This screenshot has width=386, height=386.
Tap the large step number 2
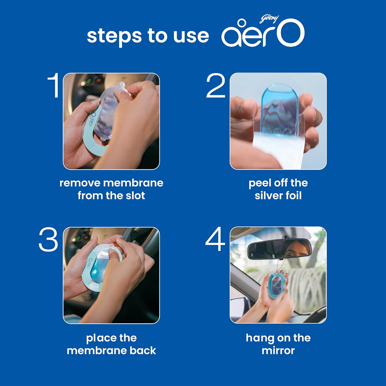coord(216,85)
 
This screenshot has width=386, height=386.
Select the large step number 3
coord(48,240)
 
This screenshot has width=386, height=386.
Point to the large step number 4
coord(215,239)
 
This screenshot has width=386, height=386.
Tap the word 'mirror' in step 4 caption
coord(278,350)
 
